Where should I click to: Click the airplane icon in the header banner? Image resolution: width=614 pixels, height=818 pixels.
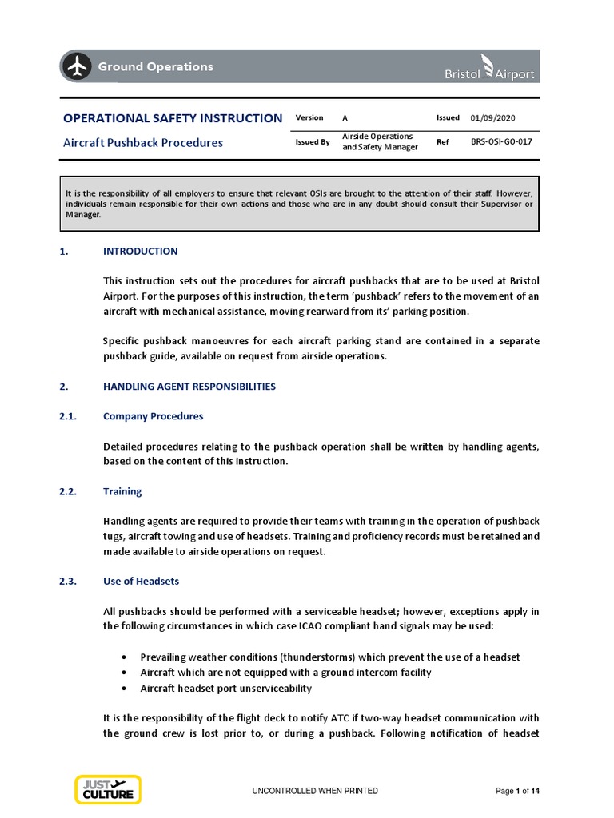78,67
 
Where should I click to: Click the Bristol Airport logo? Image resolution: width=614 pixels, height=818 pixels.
488,67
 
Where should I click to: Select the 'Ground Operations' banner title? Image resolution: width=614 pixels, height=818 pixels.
155,67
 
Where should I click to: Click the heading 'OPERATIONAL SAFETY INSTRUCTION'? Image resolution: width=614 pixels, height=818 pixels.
172,118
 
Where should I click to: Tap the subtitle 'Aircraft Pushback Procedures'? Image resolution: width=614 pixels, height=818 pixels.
143,143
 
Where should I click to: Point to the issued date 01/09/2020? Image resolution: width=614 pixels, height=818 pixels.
492,117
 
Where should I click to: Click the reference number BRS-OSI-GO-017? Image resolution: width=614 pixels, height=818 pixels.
501,141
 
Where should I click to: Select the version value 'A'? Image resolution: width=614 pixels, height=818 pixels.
345,118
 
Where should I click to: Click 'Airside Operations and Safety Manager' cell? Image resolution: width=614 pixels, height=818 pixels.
379,141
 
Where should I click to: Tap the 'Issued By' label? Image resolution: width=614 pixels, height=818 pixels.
313,142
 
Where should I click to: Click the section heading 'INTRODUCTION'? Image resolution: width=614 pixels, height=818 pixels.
141,251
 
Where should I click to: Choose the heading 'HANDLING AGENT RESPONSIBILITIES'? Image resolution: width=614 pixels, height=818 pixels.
189,387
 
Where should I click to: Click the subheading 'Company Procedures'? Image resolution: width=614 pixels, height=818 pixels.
153,416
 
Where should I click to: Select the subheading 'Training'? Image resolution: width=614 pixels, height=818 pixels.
122,492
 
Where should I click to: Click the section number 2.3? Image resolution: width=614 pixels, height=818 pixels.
68,581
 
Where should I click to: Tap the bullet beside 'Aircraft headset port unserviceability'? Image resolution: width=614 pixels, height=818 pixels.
123,688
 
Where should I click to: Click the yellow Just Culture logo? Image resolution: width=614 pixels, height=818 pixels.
108,789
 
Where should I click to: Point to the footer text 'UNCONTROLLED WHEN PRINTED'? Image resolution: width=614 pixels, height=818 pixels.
315,791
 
